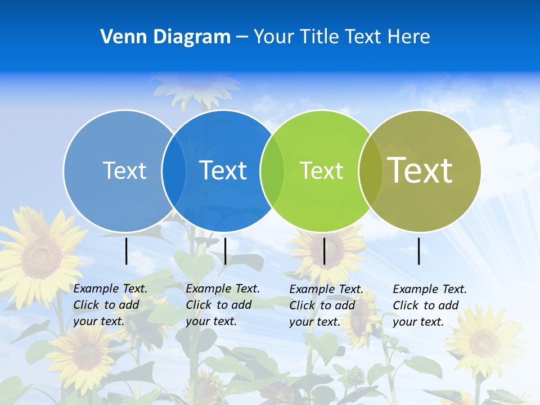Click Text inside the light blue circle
click(x=124, y=170)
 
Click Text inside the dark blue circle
click(x=223, y=170)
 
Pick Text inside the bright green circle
click(x=321, y=170)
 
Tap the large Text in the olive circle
click(x=420, y=170)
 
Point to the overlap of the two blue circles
click(x=174, y=170)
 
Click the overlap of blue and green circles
click(x=272, y=170)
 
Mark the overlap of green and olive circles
click(x=370, y=170)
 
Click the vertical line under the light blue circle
click(x=127, y=251)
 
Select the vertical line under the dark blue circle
click(x=225, y=251)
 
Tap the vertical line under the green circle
click(x=325, y=251)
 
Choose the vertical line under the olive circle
click(x=419, y=251)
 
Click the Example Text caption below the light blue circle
click(x=110, y=305)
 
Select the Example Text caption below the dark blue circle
click(x=222, y=305)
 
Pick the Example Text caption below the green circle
click(x=326, y=305)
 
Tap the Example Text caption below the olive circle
click(x=429, y=305)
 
